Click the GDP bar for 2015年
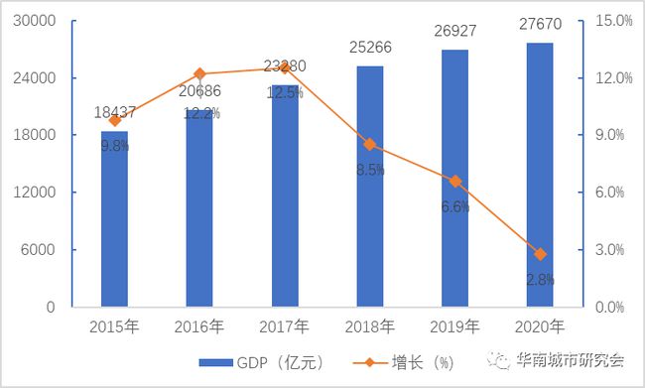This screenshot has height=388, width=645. tap(114, 218)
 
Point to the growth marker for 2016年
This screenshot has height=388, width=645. tap(199, 73)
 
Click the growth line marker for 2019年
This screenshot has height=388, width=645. tap(454, 181)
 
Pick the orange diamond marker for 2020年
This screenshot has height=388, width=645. tap(540, 254)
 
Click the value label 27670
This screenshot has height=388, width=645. tap(539, 30)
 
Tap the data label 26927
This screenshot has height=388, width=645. tap(454, 32)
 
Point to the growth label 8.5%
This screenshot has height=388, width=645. tap(369, 170)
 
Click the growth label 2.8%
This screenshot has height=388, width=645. tap(540, 279)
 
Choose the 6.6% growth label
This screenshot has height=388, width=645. tap(454, 206)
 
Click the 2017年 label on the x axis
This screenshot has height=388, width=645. tap(284, 325)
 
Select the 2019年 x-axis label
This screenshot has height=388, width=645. tap(454, 325)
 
